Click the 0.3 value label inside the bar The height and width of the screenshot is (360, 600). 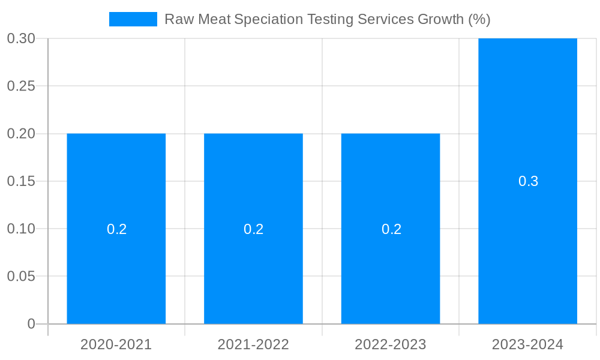point(528,181)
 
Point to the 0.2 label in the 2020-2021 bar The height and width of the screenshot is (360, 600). point(116,229)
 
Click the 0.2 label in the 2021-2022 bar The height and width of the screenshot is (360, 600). point(253,229)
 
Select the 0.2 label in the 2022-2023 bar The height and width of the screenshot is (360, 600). point(391,229)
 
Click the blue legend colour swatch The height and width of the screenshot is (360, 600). point(133,19)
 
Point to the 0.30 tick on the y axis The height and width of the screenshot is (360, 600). point(21,38)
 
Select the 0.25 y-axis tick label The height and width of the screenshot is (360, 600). point(21,86)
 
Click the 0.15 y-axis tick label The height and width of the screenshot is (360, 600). point(21,181)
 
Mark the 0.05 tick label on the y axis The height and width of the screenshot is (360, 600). point(21,277)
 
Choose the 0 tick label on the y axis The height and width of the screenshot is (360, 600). point(31,324)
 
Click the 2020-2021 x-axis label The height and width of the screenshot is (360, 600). point(116,345)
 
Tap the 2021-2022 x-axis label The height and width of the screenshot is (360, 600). point(253,345)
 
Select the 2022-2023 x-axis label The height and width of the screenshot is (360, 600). point(391,345)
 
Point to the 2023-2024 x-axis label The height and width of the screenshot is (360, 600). point(527,345)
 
